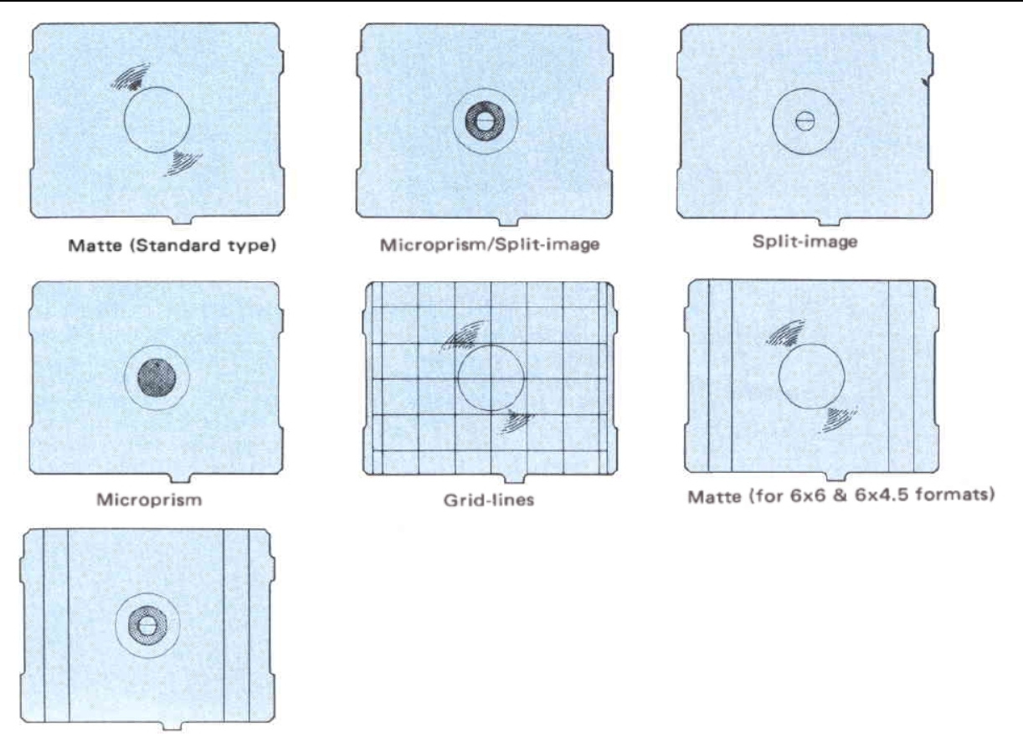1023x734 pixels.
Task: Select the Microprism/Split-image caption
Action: point(490,245)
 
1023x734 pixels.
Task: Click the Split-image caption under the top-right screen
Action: point(805,242)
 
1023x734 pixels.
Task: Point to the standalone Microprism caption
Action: point(149,500)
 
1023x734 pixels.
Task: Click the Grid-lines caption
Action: point(489,500)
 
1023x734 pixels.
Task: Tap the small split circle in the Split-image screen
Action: point(805,121)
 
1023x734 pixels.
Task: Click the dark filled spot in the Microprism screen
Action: point(157,377)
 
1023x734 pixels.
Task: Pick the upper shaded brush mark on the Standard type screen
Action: point(131,77)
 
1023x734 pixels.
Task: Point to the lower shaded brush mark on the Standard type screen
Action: point(182,163)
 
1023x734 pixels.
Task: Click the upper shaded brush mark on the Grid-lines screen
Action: point(463,336)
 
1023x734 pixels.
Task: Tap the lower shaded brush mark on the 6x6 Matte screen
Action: point(839,419)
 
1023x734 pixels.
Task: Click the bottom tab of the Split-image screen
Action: point(830,222)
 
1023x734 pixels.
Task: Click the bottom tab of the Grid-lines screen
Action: point(515,479)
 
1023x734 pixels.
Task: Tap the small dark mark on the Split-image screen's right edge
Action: point(925,83)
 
